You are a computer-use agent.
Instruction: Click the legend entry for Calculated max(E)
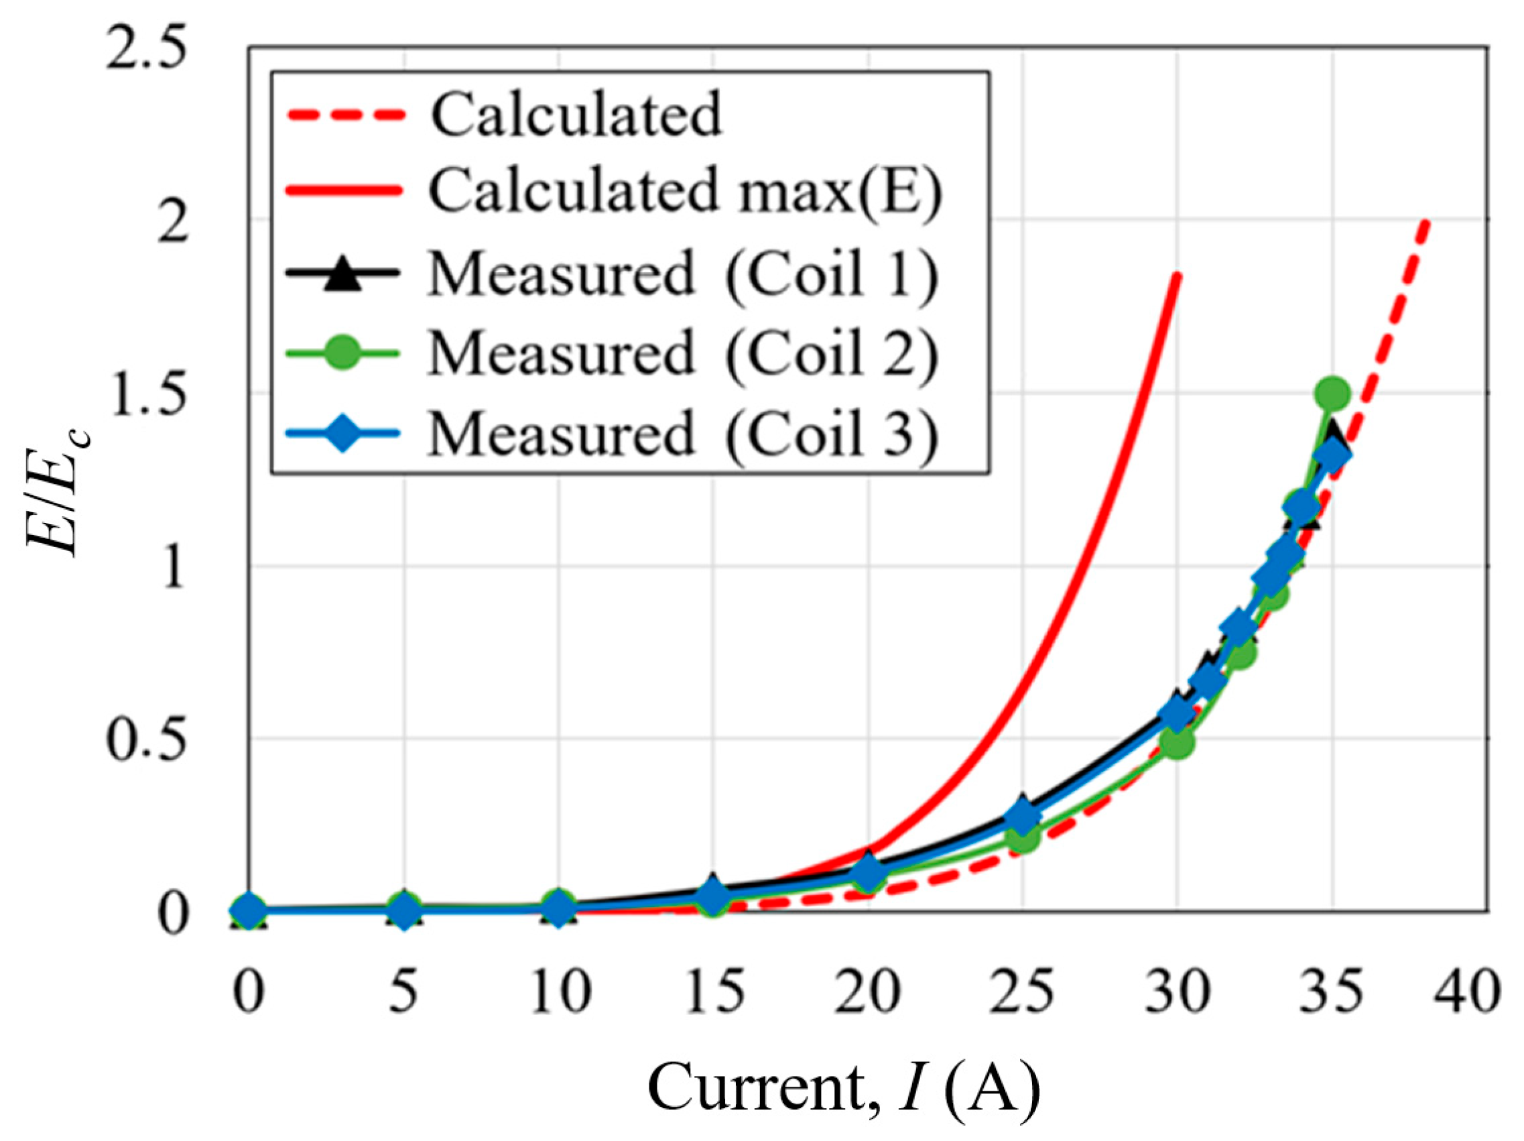(x=685, y=192)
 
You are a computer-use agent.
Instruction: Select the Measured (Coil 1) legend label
(x=682, y=274)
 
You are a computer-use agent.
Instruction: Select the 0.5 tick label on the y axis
(x=146, y=740)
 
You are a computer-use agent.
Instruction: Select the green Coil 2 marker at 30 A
(x=1177, y=742)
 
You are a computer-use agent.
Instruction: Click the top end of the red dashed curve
(x=1426, y=223)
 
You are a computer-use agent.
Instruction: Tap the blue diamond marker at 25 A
(x=1023, y=816)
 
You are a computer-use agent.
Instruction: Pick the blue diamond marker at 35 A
(x=1332, y=455)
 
